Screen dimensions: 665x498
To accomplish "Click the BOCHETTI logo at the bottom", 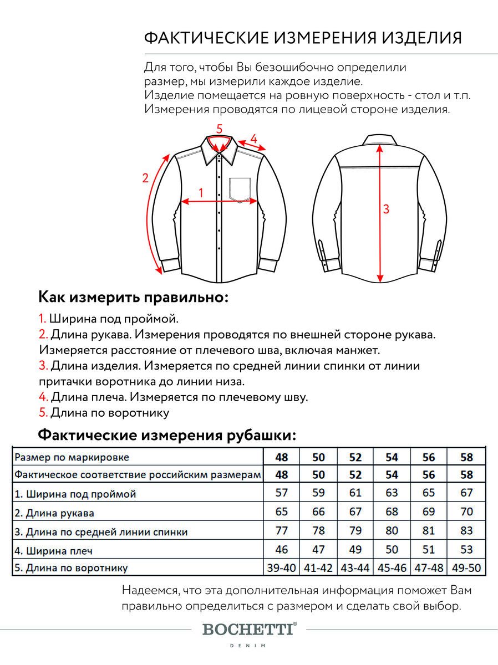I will click(x=249, y=629).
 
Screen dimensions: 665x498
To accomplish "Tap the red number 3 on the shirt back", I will click(x=387, y=209).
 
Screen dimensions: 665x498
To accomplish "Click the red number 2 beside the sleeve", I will click(x=145, y=178).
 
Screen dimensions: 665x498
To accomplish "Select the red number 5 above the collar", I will click(x=219, y=129).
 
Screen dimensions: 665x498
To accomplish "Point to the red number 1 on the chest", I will click(x=201, y=192).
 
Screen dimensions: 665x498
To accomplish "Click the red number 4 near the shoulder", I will click(x=253, y=139).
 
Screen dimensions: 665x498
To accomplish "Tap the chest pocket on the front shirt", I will click(x=239, y=188).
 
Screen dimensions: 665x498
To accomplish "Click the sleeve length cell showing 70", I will click(x=466, y=511).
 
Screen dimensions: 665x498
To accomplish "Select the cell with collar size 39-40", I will click(x=281, y=567).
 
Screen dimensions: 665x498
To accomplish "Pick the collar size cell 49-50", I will click(x=466, y=567).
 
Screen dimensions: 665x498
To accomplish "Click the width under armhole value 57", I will click(x=281, y=493).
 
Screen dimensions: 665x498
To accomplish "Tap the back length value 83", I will click(x=466, y=530).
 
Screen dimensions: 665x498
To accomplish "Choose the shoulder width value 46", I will click(x=281, y=549).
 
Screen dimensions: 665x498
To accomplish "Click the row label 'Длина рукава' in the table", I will click(x=54, y=513).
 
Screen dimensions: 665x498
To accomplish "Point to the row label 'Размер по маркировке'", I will click(x=72, y=457).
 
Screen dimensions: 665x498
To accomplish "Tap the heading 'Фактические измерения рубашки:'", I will click(x=166, y=434).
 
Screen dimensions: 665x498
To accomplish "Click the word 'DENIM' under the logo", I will click(x=248, y=646).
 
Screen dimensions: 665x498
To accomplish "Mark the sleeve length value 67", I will click(x=355, y=511).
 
